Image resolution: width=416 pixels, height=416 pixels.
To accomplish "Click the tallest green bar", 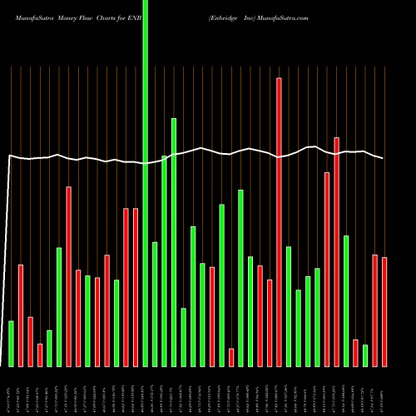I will click(146, 183).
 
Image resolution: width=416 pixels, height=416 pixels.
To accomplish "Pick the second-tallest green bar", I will click(174, 242).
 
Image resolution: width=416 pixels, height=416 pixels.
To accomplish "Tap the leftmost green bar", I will click(11, 343).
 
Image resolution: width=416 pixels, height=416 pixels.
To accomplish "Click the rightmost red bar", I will click(384, 312).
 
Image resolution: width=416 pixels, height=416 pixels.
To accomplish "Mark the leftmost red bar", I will click(21, 315).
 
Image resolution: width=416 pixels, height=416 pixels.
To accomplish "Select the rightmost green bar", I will click(365, 355).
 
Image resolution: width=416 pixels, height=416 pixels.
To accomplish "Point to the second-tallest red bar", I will click(337, 251).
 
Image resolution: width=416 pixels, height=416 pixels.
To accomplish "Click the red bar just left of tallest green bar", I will click(136, 287).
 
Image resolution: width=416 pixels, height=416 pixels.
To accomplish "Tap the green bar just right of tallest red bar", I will click(289, 306).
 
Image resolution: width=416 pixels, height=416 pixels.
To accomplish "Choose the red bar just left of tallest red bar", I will click(270, 323).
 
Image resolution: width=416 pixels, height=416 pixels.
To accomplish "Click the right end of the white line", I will click(384, 158).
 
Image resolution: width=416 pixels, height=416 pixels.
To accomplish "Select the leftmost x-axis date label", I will click(11, 391).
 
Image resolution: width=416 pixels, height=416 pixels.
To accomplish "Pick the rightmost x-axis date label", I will click(384, 391).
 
